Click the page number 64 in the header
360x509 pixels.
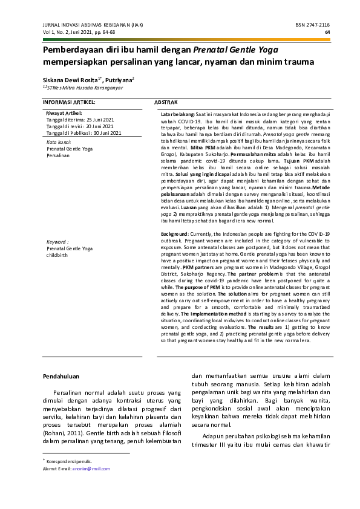pos(327,32)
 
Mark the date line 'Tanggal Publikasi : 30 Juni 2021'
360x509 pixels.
pos(84,133)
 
